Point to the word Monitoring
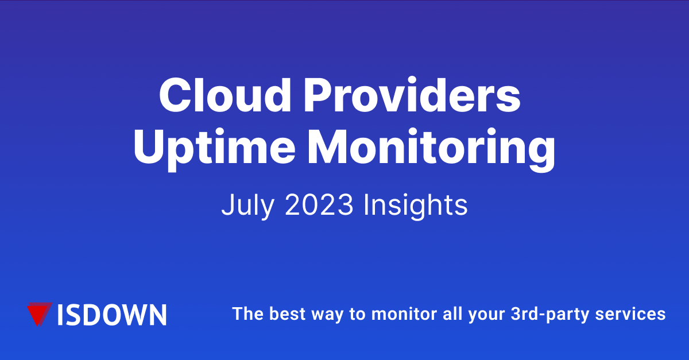(429, 147)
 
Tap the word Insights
(415, 206)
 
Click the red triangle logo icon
(40, 313)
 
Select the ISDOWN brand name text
(113, 314)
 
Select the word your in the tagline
(490, 315)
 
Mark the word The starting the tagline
(245, 314)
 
